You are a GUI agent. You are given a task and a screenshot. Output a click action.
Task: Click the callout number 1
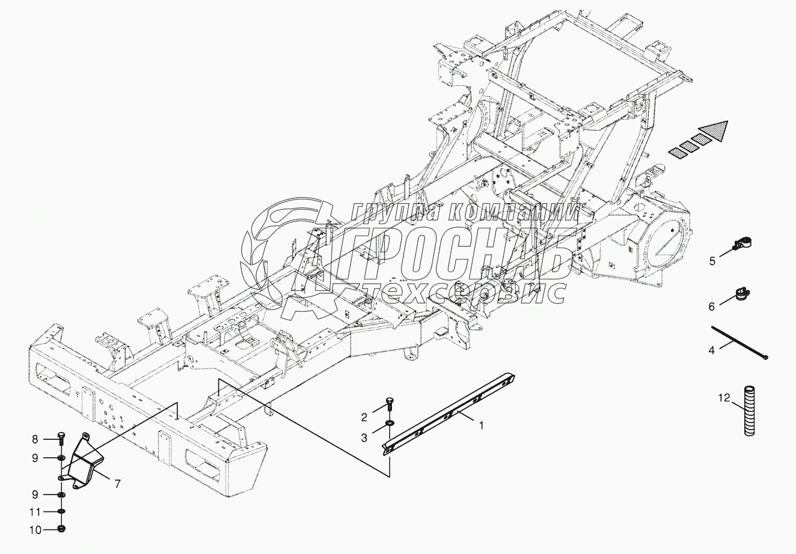click(x=481, y=425)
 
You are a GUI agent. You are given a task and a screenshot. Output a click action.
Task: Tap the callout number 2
click(x=364, y=417)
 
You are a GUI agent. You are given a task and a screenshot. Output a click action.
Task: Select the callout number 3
click(x=364, y=438)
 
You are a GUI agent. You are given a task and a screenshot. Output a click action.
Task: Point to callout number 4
click(x=711, y=350)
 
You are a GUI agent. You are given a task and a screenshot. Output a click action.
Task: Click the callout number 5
click(x=712, y=261)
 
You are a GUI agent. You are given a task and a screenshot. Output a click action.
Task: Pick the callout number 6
click(x=711, y=306)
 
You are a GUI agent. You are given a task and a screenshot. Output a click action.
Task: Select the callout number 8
click(x=35, y=439)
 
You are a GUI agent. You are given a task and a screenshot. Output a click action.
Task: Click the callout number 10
click(x=35, y=531)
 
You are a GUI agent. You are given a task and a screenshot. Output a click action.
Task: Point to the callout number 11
click(x=35, y=512)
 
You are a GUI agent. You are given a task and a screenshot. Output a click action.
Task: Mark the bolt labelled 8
click(x=62, y=436)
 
